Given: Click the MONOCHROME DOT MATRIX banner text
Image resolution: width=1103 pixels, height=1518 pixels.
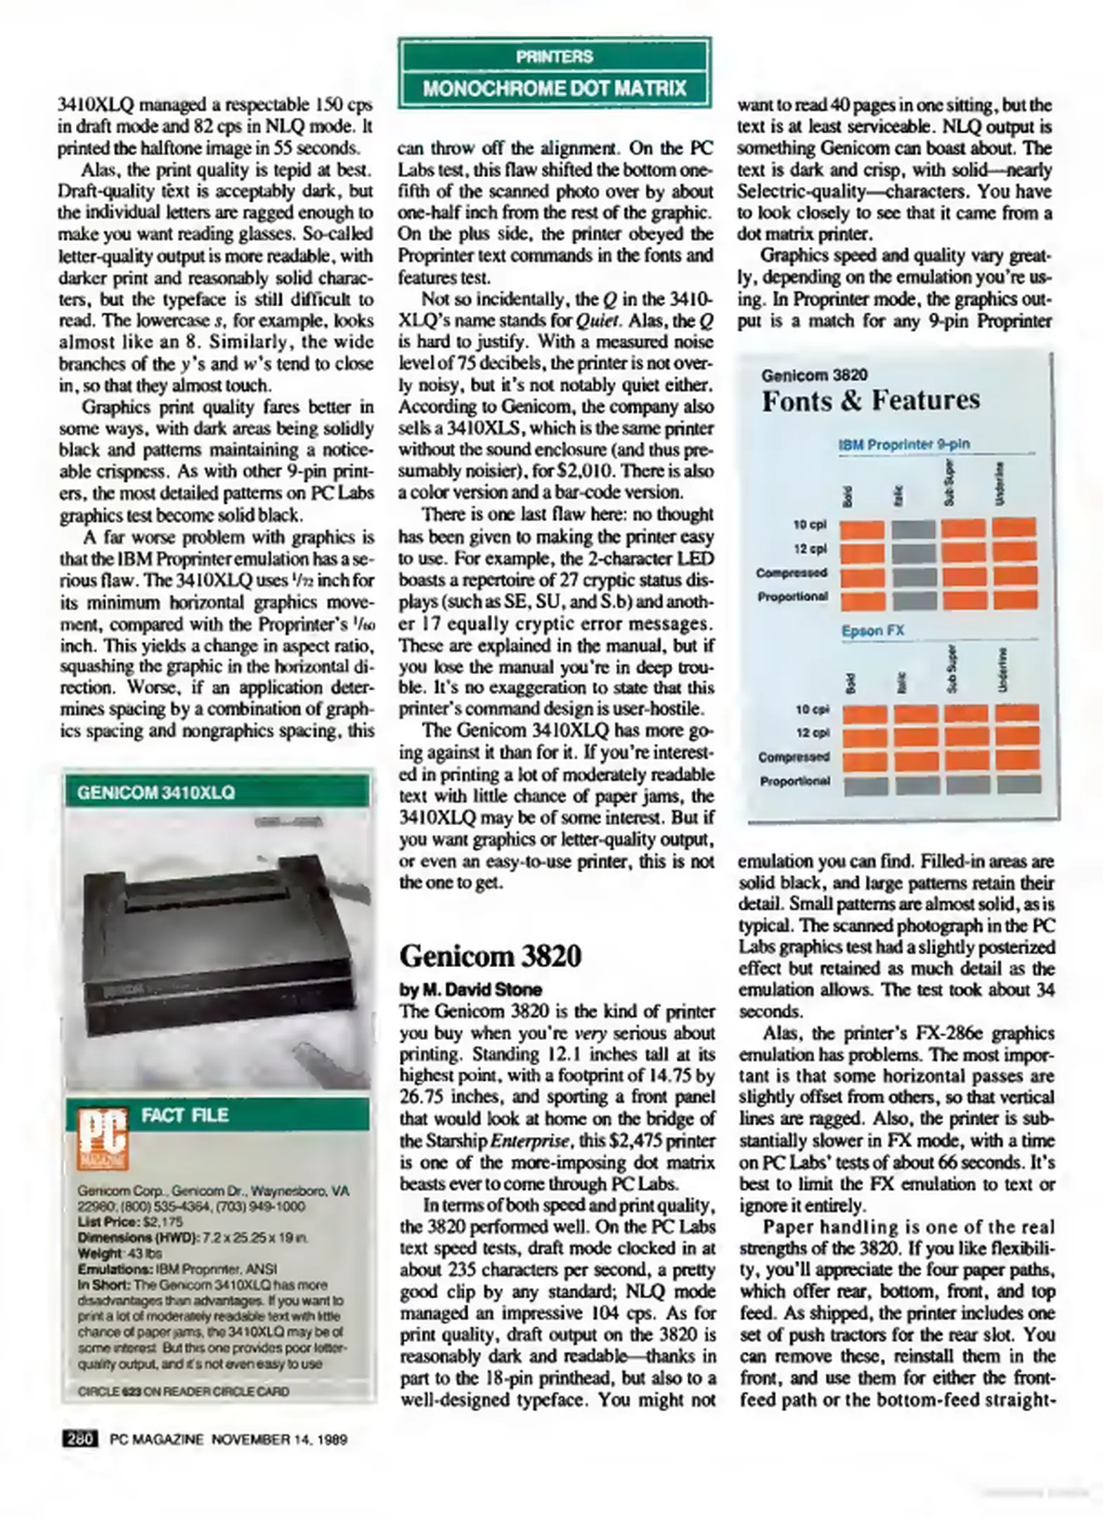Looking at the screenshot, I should (554, 89).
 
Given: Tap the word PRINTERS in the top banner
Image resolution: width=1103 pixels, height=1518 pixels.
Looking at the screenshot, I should (554, 56).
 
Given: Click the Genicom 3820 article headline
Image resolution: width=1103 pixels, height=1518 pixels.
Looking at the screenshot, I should (490, 956).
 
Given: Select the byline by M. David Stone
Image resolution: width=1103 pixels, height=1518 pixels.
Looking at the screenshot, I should (470, 990).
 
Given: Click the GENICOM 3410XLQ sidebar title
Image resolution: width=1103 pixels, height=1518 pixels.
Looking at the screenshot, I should (155, 793).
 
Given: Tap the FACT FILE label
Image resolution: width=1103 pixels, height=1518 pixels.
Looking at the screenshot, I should (185, 1115).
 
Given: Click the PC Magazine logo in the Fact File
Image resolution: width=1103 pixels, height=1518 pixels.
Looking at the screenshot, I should (103, 1139).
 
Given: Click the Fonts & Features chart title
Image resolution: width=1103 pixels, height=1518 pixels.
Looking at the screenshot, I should (870, 401).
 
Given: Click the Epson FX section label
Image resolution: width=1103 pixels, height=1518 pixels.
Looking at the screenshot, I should (872, 630).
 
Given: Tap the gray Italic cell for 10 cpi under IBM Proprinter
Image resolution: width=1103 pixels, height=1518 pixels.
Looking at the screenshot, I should (912, 528).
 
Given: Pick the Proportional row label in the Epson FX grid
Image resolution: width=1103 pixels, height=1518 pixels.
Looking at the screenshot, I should (794, 781).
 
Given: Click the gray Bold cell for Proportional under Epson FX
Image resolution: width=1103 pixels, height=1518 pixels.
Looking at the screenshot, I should (863, 785).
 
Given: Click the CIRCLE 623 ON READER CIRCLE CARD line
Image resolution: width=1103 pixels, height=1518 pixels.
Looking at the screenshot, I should (183, 1391).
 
